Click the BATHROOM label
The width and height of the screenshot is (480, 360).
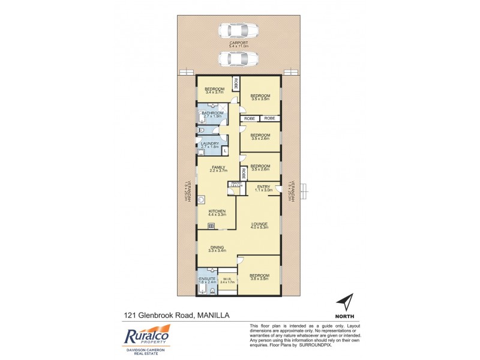pos(212,115)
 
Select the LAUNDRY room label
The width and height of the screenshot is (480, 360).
pos(210,144)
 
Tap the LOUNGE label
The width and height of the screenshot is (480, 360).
pos(260,225)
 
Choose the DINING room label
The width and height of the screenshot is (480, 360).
pos(217,248)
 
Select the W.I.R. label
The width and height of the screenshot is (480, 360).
pos(227,279)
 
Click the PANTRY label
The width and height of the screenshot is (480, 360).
pos(236,184)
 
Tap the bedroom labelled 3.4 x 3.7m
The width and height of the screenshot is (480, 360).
pos(214,91)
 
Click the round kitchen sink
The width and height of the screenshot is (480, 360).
pos(203,201)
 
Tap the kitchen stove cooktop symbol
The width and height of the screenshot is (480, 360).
pos(211,226)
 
